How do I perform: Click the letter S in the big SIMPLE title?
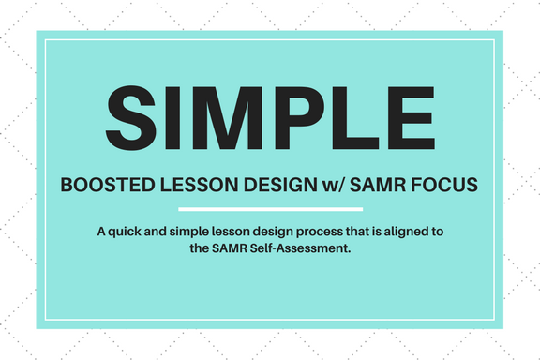tap(131, 118)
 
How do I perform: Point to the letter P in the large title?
tap(299, 118)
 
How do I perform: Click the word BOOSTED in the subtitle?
tap(108, 185)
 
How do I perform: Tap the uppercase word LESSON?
tap(200, 185)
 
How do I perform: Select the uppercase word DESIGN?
tap(280, 185)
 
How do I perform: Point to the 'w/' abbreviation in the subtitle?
tap(333, 186)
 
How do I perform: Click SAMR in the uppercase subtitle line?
tap(378, 185)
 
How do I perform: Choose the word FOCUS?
tap(444, 185)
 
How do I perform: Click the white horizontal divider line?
tap(271, 209)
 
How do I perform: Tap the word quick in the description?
tap(125, 232)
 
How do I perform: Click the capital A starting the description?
tap(101, 232)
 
